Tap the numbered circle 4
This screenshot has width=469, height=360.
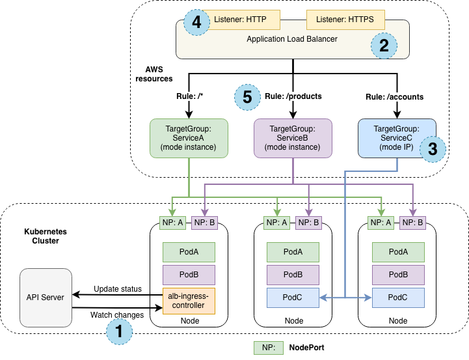pyautogui.click(x=196, y=21)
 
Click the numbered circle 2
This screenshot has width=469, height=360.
pyautogui.click(x=383, y=46)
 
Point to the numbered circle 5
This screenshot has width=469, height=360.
pyautogui.click(x=247, y=97)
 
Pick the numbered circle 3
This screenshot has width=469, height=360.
pyautogui.click(x=433, y=148)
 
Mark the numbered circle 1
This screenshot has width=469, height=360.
pyautogui.click(x=118, y=331)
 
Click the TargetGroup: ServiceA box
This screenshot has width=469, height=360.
pyautogui.click(x=189, y=138)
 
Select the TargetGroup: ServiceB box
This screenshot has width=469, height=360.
pyautogui.click(x=293, y=138)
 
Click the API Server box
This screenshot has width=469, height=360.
pyautogui.click(x=46, y=298)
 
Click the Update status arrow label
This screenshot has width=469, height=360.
pyautogui.click(x=117, y=288)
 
